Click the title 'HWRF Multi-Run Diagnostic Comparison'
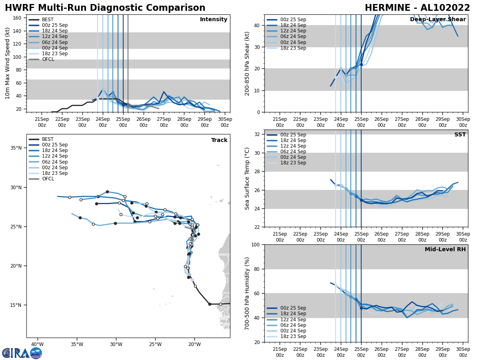coord(105,8)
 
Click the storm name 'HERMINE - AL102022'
coord(417,8)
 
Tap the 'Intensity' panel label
coord(214,20)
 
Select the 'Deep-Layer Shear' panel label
coord(438,20)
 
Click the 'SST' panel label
coord(460,135)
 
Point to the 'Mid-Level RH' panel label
coord(445,250)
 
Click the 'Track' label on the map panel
coord(219,140)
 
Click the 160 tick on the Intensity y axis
coord(18,18)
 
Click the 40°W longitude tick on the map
coord(37,344)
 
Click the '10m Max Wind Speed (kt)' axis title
coord(8,64)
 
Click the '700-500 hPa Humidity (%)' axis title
coord(248,293)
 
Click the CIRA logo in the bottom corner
coord(22,353)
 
